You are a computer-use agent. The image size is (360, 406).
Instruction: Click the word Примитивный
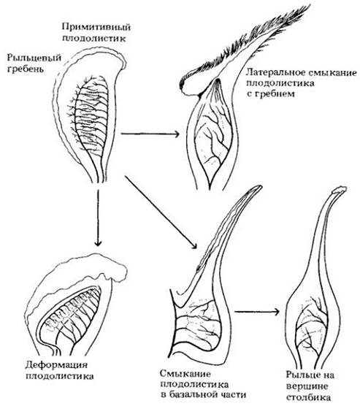pyautogui.click(x=96, y=28)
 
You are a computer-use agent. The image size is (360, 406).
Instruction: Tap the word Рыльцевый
pyautogui.click(x=34, y=58)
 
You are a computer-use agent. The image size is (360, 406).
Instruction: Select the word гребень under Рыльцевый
pyautogui.click(x=26, y=69)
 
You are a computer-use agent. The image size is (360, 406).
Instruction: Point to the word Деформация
pyautogui.click(x=56, y=365)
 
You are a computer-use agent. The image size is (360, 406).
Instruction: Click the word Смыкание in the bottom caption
pyautogui.click(x=185, y=374)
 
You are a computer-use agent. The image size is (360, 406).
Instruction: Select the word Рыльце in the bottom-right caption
pyautogui.click(x=302, y=375)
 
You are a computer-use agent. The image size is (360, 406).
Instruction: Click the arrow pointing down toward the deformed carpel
pyautogui.click(x=98, y=217)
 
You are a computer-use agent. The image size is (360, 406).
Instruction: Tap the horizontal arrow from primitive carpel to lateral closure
pyautogui.click(x=150, y=134)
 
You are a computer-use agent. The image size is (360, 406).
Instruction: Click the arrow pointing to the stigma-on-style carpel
pyautogui.click(x=257, y=312)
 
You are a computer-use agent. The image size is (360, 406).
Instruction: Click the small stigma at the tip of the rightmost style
pyautogui.click(x=339, y=190)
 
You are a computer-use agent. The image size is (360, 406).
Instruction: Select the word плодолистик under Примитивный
pyautogui.click(x=94, y=39)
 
